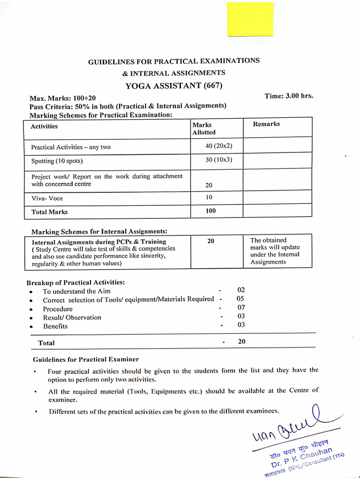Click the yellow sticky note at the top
coord(250,19)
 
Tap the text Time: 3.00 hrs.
coord(289,96)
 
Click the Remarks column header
coord(266,124)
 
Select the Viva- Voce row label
coord(47,198)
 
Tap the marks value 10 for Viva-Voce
coord(209,197)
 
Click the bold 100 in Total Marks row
coord(210,211)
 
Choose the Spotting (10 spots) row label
coord(57,161)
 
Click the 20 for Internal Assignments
coord(210,241)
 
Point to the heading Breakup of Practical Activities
coord(75,283)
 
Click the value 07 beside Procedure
coord(241,307)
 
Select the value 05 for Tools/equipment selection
coord(240,299)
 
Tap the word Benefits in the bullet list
coord(55,326)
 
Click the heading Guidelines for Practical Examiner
coord(86,360)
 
